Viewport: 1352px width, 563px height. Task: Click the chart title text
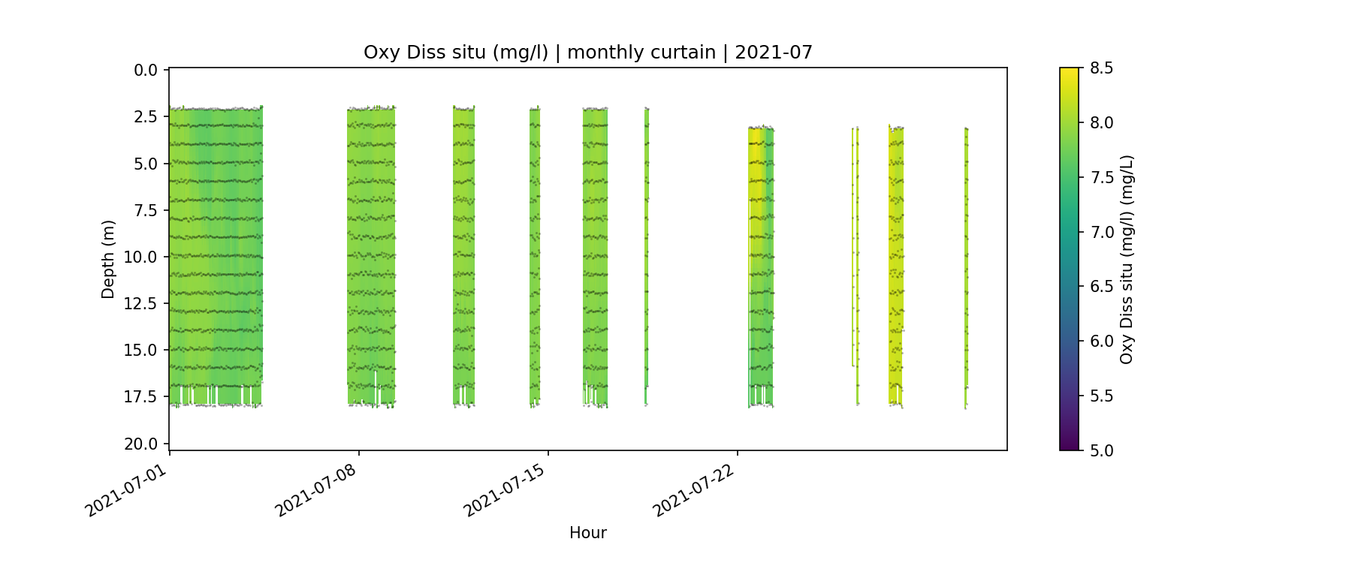pyautogui.click(x=587, y=53)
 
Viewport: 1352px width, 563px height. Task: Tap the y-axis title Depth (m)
pyautogui.click(x=108, y=259)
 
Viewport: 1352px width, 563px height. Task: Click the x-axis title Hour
pyautogui.click(x=587, y=533)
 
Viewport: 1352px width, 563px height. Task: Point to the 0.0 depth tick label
pyautogui.click(x=146, y=71)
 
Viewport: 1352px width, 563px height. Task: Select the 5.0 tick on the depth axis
pyautogui.click(x=146, y=164)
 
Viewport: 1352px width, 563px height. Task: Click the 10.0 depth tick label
pyautogui.click(x=141, y=257)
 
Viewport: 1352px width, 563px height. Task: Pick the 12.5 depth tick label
pyautogui.click(x=141, y=303)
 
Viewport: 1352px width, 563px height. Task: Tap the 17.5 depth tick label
pyautogui.click(x=141, y=396)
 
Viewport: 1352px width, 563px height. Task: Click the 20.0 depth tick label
pyautogui.click(x=141, y=444)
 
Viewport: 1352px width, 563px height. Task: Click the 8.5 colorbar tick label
pyautogui.click(x=1101, y=68)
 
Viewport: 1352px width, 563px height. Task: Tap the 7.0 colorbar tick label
pyautogui.click(x=1101, y=232)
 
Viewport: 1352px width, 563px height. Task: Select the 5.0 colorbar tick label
pyautogui.click(x=1101, y=450)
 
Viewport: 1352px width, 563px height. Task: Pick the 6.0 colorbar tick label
pyautogui.click(x=1101, y=342)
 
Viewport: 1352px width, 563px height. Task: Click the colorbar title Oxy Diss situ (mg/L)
pyautogui.click(x=1126, y=259)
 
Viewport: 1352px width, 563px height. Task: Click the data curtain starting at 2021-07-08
pyautogui.click(x=371, y=255)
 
